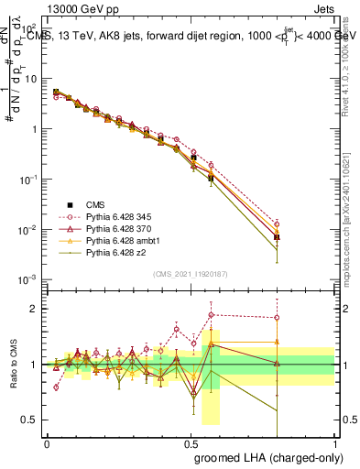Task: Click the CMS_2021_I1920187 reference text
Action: click(191, 273)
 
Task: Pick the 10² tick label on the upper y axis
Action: click(30, 28)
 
